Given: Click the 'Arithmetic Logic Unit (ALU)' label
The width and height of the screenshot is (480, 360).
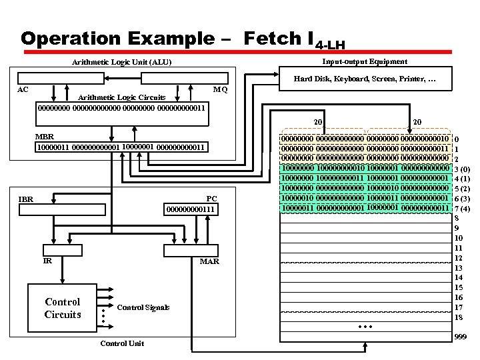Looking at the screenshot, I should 121,63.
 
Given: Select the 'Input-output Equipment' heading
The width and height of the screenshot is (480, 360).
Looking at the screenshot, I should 364,61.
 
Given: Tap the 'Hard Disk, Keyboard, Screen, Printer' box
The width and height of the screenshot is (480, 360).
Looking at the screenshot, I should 365,80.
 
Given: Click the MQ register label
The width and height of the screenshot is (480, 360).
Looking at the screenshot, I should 220,89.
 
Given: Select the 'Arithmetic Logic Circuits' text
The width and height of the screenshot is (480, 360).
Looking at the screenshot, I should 122,97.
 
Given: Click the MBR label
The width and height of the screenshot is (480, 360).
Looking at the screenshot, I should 44,137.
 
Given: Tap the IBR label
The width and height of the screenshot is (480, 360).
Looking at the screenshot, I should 26,199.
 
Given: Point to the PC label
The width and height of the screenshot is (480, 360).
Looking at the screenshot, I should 211,199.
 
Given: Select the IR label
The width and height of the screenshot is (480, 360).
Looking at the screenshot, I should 47,261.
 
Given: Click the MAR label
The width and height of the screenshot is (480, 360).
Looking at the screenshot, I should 209,261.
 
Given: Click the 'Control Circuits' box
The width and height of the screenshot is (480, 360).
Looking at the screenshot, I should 62,308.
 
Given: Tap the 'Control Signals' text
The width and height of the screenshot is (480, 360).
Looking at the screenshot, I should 143,307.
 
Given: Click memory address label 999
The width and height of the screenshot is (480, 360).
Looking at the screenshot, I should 460,338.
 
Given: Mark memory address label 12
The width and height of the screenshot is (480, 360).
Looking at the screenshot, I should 458,258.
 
